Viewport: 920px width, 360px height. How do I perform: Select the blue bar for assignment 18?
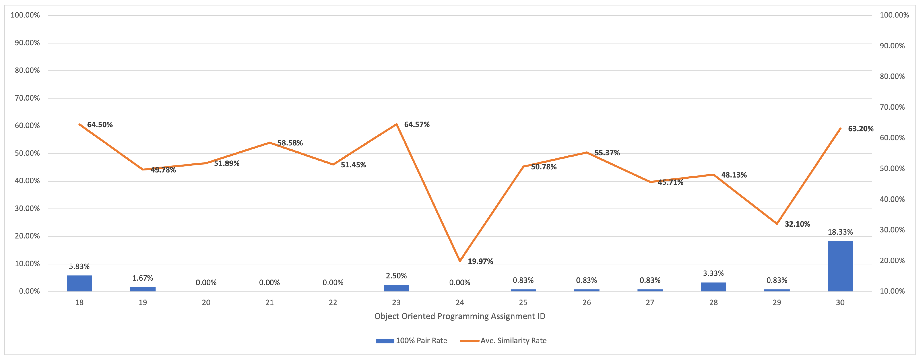[x=79, y=283]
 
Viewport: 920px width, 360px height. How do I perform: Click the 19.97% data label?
[x=480, y=261]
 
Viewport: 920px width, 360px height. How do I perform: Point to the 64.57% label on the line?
[x=417, y=125]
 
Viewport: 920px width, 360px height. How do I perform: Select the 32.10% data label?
[x=797, y=224]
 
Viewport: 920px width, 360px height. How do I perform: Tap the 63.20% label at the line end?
[x=860, y=129]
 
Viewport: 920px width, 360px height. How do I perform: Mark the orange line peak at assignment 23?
[x=397, y=124]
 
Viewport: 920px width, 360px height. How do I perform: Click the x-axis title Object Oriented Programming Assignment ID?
[x=460, y=317]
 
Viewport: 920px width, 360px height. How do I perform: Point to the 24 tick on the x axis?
[x=460, y=302]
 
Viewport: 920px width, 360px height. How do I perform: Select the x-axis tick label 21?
[x=269, y=302]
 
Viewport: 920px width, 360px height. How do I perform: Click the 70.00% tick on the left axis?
[x=27, y=98]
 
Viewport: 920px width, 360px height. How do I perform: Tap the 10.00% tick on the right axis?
[x=892, y=291]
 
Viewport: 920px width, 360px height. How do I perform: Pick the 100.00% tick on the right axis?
[x=894, y=15]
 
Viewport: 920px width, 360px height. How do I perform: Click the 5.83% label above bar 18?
[x=79, y=267]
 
